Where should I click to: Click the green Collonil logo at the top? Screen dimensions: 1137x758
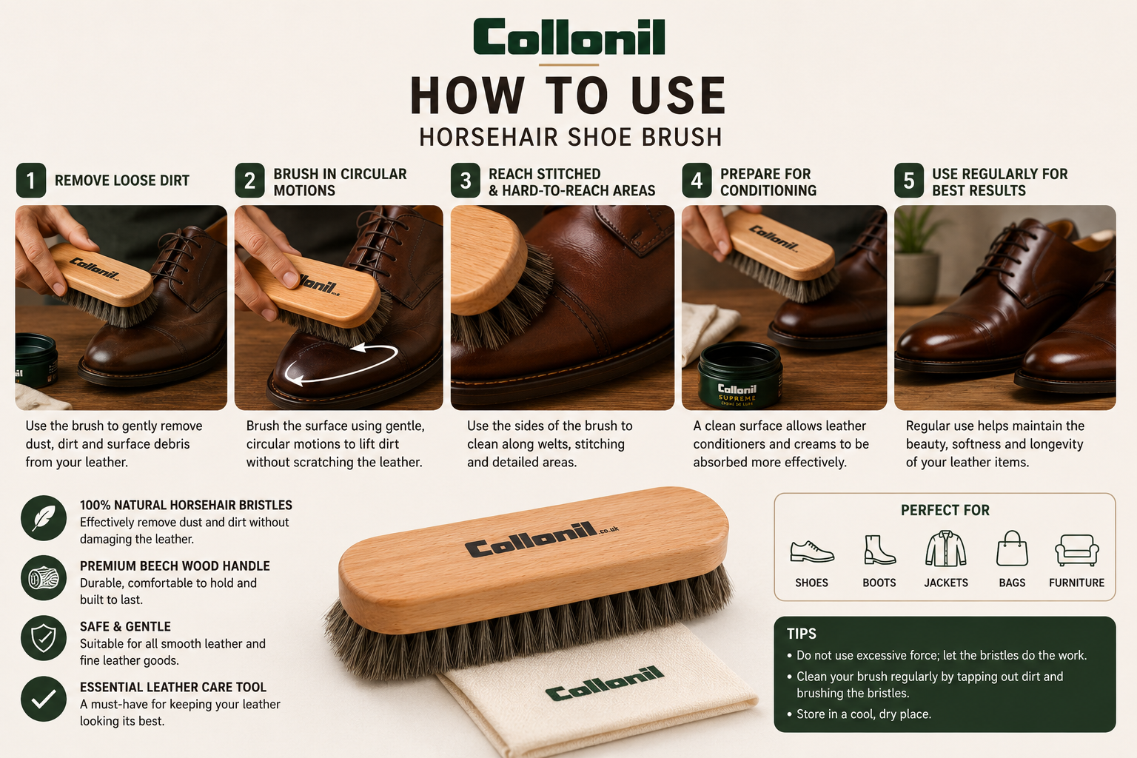tap(569, 36)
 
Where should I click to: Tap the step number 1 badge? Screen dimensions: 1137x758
tap(31, 180)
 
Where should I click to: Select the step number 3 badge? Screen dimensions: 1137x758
tap(466, 180)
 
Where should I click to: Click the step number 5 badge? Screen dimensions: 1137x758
tap(909, 180)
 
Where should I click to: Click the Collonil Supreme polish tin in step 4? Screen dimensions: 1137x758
tap(740, 376)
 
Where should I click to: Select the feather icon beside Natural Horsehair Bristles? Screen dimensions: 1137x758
tap(44, 518)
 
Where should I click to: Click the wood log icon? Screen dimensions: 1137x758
tap(44, 578)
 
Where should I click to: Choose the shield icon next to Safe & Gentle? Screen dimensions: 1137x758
tap(44, 638)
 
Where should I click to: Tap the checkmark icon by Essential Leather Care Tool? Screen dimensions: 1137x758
tap(44, 699)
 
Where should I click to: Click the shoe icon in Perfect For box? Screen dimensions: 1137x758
tap(812, 551)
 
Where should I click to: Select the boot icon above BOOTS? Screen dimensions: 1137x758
tap(879, 549)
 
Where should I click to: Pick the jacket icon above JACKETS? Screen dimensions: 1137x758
tap(945, 549)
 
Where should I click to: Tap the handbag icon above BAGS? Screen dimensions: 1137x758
tap(1012, 549)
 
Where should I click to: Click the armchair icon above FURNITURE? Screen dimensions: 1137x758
tap(1076, 550)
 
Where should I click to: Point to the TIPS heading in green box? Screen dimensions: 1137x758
tap(802, 634)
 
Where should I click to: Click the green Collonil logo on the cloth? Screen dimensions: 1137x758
tap(605, 684)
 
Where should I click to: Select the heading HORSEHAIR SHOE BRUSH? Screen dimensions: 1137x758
tap(571, 137)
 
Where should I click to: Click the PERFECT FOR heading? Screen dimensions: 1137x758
tap(945, 510)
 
